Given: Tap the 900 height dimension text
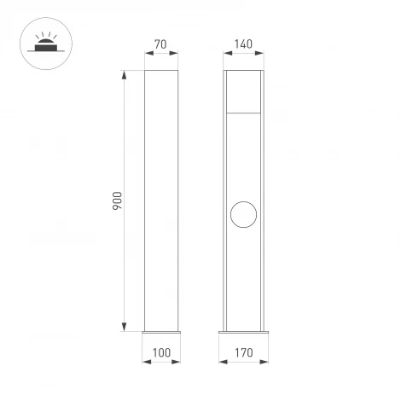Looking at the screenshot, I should click(x=118, y=200).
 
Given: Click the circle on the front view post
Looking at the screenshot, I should click(x=244, y=213).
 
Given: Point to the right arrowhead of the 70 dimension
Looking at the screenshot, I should click(x=177, y=52).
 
